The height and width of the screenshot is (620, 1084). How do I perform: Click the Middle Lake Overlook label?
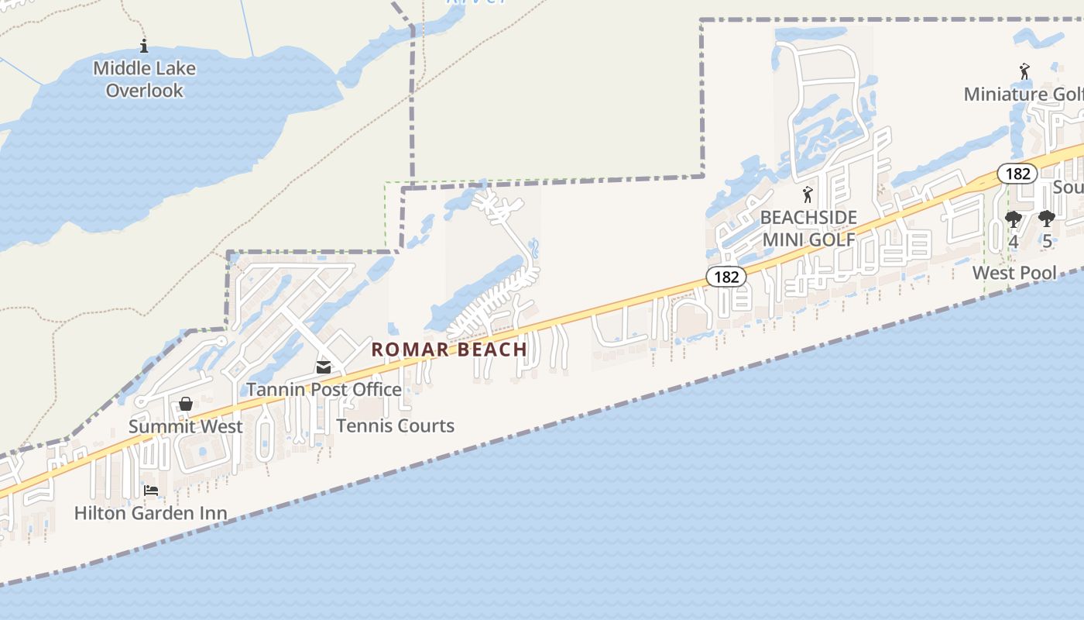[x=144, y=79]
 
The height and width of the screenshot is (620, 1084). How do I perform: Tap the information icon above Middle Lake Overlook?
[x=143, y=46]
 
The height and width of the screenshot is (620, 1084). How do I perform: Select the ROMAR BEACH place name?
[x=449, y=350]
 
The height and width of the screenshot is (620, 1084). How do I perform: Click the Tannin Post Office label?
[x=324, y=389]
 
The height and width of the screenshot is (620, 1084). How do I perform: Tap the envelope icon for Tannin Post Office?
[x=324, y=367]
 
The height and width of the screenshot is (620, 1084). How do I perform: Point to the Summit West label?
[x=186, y=426]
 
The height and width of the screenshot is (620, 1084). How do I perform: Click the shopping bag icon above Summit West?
[x=186, y=404]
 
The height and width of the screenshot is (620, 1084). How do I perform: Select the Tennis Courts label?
[x=396, y=425]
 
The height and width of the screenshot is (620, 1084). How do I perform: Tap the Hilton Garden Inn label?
[x=151, y=513]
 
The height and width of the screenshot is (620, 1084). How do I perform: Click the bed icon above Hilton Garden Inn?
[x=151, y=491]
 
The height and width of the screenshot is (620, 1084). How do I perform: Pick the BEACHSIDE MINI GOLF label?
[x=809, y=229]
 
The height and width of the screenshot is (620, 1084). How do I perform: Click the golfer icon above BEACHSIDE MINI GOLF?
[x=808, y=195]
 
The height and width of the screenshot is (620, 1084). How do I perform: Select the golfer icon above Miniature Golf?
[x=1025, y=71]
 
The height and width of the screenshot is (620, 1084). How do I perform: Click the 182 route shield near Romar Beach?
[x=726, y=277]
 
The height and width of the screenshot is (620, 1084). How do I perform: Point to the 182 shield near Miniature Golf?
[x=1017, y=174]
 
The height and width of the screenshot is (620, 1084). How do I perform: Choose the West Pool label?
[x=1014, y=273]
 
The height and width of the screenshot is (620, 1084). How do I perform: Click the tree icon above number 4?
[x=1014, y=220]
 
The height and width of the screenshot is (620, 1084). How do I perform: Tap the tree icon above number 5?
[x=1047, y=219]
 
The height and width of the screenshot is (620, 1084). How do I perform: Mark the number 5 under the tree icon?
[x=1047, y=241]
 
